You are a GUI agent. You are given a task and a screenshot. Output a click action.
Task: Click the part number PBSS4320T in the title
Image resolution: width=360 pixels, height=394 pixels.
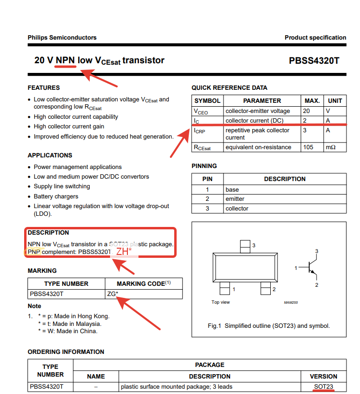point(314,61)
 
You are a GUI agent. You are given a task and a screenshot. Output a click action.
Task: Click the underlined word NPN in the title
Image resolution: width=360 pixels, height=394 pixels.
point(66,60)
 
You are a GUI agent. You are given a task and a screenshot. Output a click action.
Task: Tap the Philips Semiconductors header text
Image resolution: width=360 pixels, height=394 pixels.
point(62,38)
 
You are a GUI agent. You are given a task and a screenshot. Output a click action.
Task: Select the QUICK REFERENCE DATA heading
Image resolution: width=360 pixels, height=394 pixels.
point(229,88)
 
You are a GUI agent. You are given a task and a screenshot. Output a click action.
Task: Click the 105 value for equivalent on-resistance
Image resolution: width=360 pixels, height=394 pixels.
point(308,147)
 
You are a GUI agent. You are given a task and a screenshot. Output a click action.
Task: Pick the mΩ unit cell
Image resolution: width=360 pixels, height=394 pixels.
point(331,147)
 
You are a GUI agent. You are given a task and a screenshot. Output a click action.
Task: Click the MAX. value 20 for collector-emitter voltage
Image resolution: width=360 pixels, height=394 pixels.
point(306,111)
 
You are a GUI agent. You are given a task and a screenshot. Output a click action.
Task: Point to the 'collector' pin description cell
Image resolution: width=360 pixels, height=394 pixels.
point(237,209)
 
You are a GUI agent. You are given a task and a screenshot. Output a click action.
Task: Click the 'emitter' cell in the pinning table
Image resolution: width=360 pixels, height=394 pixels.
point(235,199)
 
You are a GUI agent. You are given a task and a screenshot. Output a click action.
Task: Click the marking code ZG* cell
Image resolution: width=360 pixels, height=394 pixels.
point(112,293)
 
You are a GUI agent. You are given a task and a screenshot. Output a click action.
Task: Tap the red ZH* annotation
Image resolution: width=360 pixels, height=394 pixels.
point(124,252)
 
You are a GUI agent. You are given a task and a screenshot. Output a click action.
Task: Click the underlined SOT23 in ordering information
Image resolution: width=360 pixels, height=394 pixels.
point(323,387)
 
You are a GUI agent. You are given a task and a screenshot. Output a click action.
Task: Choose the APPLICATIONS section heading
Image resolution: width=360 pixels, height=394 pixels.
point(50,155)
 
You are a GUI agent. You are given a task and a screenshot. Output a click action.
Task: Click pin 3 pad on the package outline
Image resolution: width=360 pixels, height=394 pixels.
point(246,246)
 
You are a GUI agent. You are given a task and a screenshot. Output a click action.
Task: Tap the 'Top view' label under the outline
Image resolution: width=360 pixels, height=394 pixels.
point(221,302)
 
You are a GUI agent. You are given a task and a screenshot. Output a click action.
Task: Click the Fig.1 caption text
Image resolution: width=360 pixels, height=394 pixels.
point(269,326)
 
